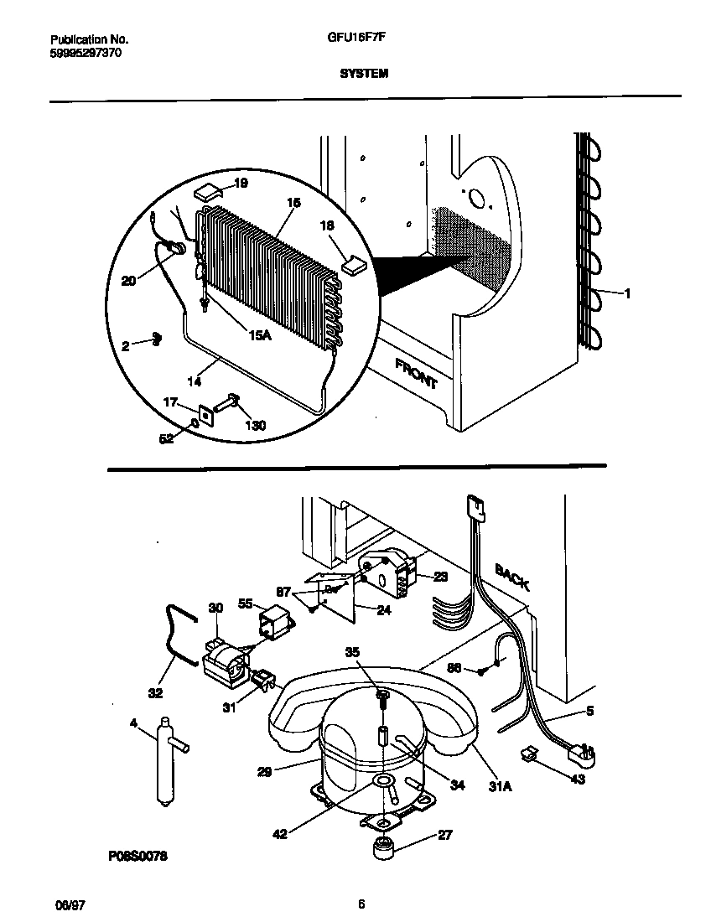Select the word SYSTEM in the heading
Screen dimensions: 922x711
(364, 73)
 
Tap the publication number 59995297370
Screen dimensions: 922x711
(86, 52)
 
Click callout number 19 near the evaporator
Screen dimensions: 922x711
(241, 183)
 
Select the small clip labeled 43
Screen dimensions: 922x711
(530, 754)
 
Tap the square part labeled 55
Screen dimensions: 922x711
(274, 623)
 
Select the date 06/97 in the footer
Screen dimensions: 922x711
(67, 904)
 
